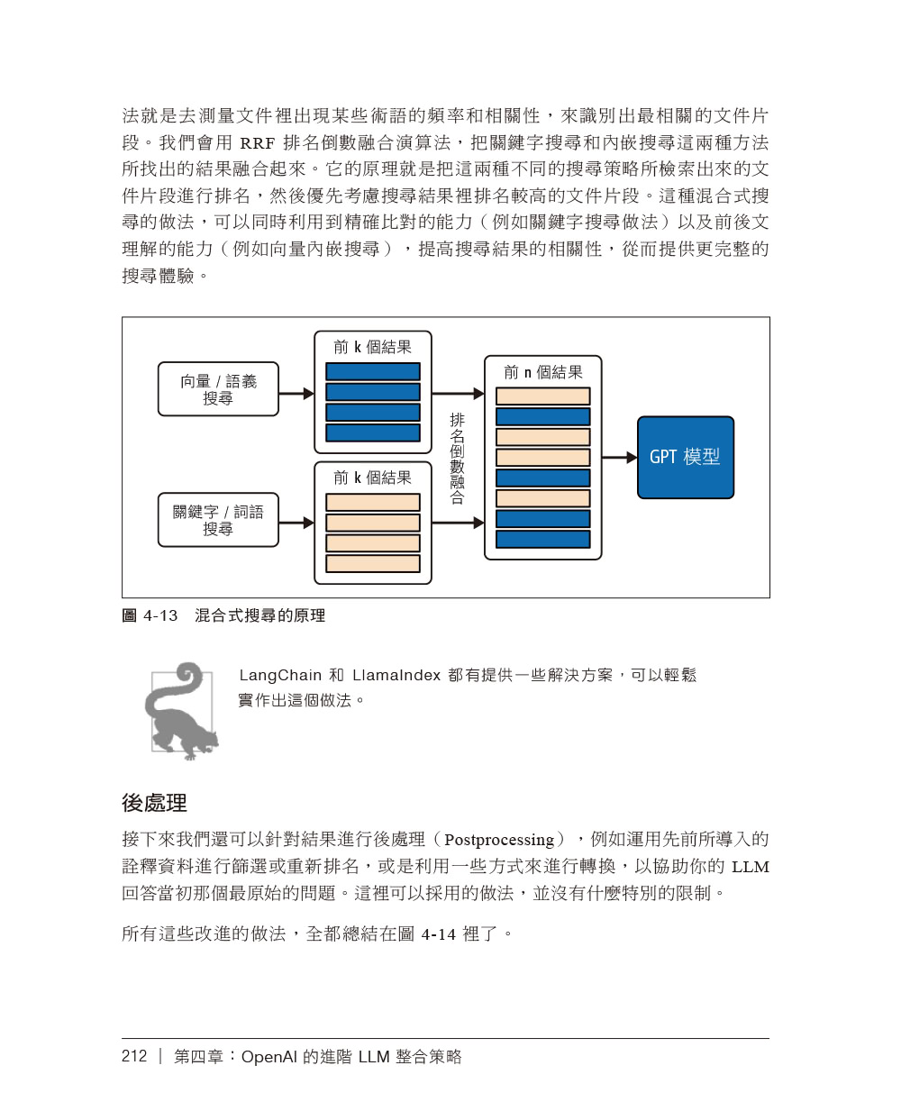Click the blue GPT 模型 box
point(685,457)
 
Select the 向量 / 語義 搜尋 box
point(218,389)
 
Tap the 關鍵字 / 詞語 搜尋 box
point(218,520)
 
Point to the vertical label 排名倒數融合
point(457,458)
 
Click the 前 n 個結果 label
point(542,372)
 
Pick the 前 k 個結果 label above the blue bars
point(372,347)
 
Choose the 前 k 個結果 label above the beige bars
point(372,478)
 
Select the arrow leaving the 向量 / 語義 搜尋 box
point(296,394)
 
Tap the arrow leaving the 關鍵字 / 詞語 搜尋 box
point(296,523)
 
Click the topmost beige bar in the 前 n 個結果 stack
point(542,396)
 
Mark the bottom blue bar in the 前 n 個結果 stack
point(542,539)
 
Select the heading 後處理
point(154,803)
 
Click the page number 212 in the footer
point(134,1056)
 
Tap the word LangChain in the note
point(280,675)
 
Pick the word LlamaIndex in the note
point(396,675)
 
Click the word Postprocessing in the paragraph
point(498,840)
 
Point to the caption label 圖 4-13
point(150,615)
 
